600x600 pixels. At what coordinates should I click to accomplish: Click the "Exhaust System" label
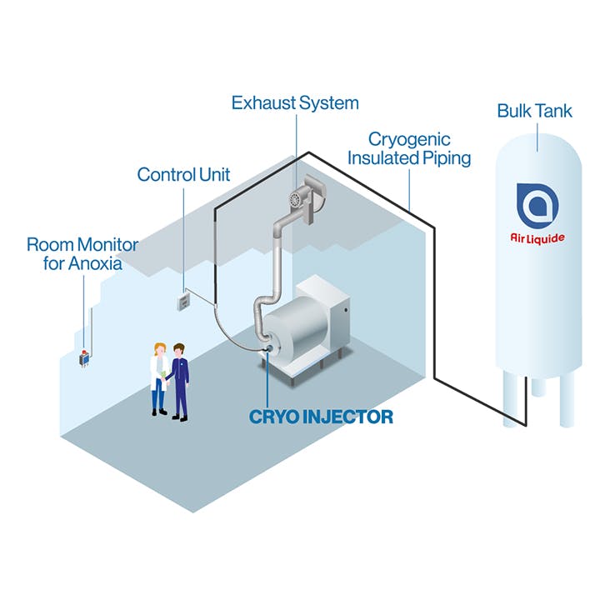click(x=295, y=103)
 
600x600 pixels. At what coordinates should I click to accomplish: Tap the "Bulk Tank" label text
click(x=534, y=111)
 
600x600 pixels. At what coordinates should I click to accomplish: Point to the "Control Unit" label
click(x=183, y=174)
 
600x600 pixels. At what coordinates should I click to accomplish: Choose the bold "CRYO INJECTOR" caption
click(x=321, y=417)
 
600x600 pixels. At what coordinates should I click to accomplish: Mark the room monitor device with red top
click(x=84, y=358)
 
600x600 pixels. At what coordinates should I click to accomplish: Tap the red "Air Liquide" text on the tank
click(x=537, y=238)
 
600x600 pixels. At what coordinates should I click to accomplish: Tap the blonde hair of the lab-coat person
click(x=157, y=347)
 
